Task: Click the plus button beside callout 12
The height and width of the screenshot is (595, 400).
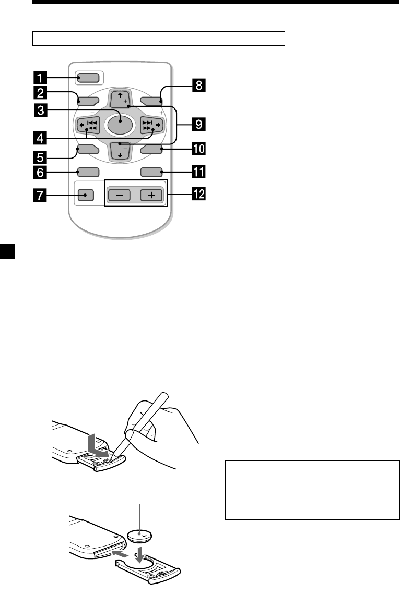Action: pyautogui.click(x=151, y=195)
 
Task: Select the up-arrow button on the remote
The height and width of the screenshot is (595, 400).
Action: pyautogui.click(x=120, y=99)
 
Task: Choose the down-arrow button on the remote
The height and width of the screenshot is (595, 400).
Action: pyautogui.click(x=120, y=151)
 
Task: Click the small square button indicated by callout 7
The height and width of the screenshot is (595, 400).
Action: pyautogui.click(x=86, y=195)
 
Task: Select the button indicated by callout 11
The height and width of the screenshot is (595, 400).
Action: pyautogui.click(x=151, y=171)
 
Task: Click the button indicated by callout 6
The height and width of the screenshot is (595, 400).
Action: pyautogui.click(x=87, y=171)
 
